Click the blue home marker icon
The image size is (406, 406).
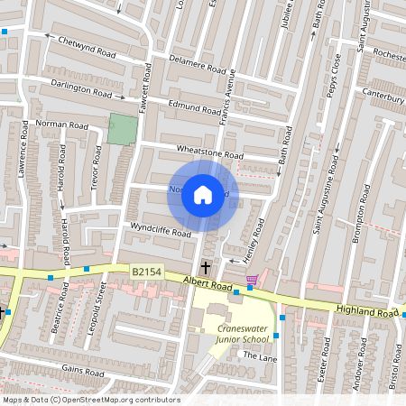[x=203, y=194]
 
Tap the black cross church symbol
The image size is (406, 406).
[x=206, y=267]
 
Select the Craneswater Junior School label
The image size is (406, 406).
[x=243, y=334]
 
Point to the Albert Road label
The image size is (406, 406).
[x=208, y=284]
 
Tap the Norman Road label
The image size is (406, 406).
[x=58, y=122]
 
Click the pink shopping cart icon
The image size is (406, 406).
[x=251, y=280]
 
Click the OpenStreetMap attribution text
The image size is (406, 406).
[x=90, y=400]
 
